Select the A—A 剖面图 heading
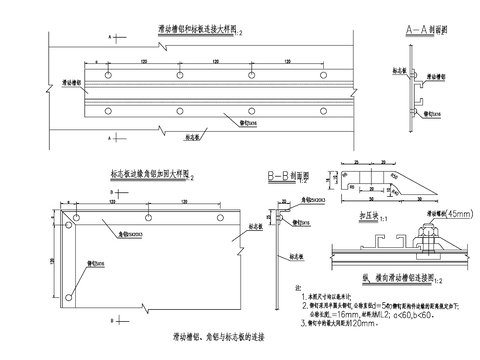424,30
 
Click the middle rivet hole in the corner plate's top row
147,216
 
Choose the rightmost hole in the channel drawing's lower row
325,110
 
